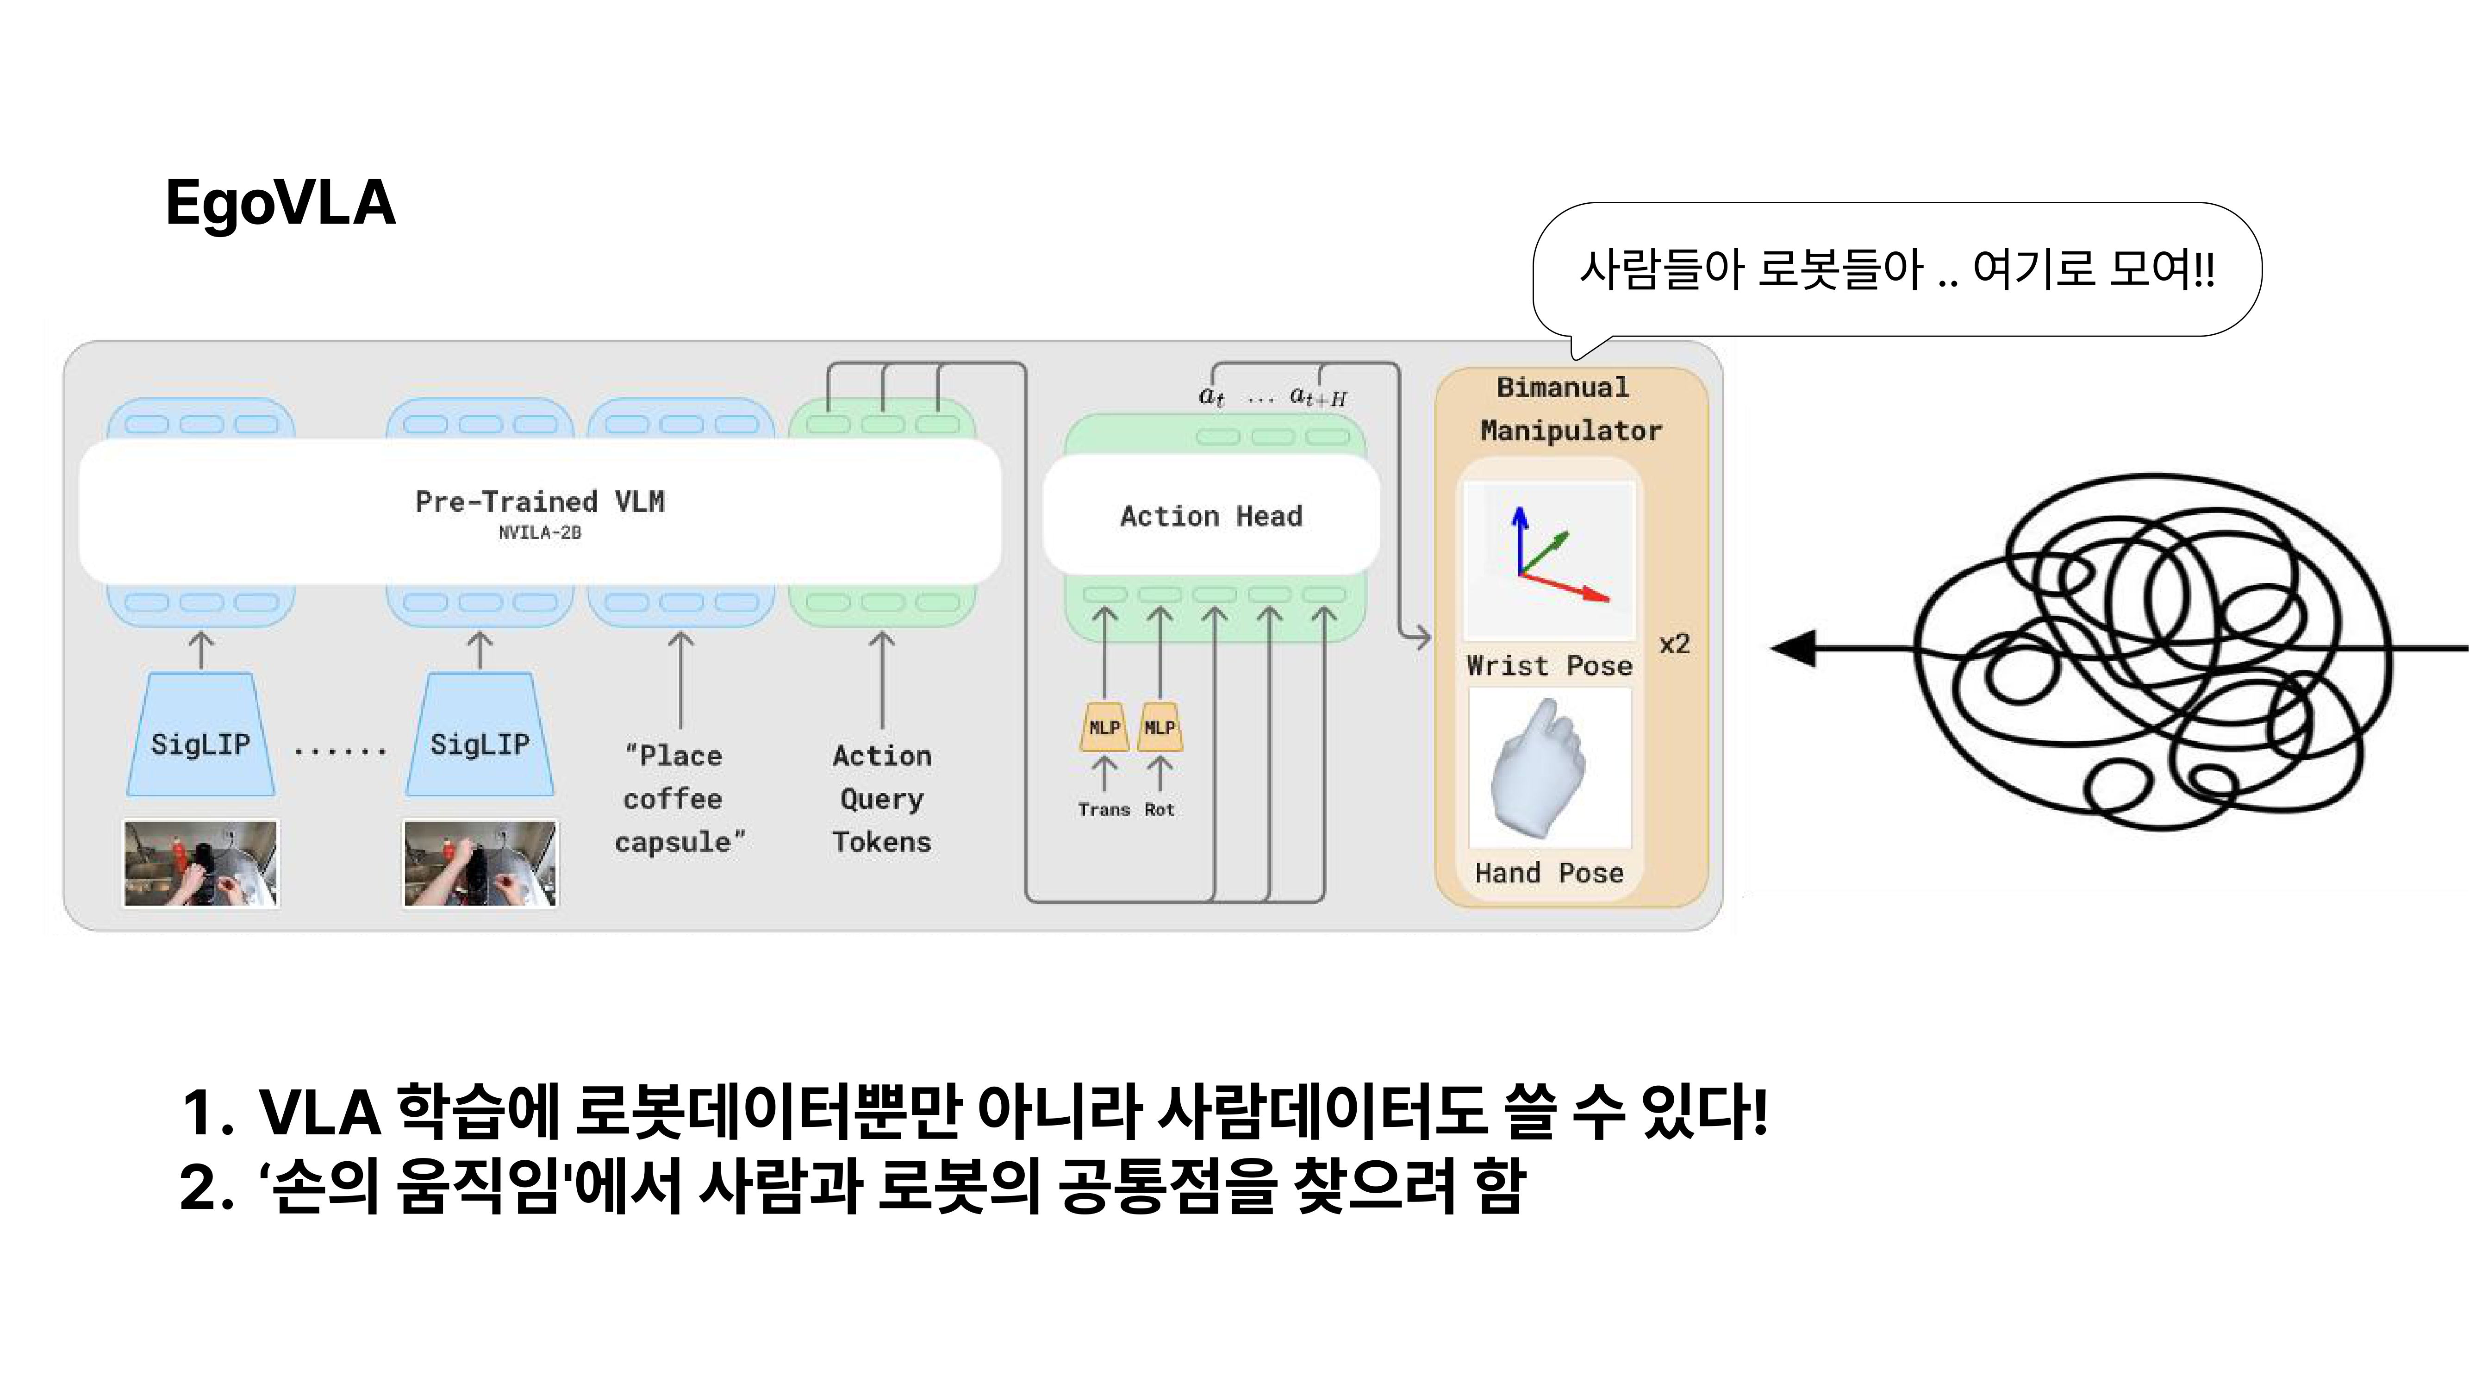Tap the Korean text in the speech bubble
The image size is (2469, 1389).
1896,269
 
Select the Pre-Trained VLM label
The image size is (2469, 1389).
540,501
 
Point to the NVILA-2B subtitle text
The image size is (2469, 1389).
540,533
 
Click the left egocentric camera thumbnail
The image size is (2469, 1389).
200,863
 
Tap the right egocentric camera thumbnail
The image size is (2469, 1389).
479,863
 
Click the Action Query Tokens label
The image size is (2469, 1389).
882,799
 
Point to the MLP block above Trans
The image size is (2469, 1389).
1104,727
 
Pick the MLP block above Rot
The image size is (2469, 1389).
1160,727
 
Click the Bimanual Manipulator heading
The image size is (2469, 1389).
1570,409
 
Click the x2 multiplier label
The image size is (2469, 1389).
1674,644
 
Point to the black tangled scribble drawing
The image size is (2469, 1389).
2157,652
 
